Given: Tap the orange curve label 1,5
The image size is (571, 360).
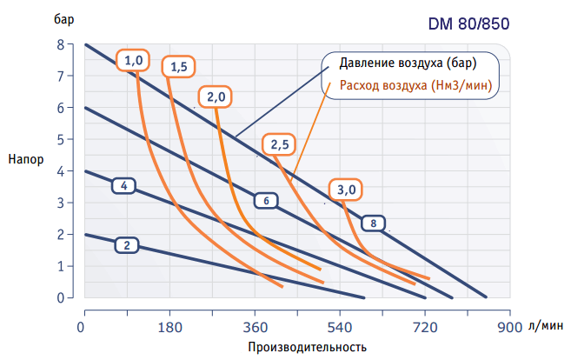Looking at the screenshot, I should pos(180,66).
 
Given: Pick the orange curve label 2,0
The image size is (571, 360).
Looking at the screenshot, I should pos(216,97).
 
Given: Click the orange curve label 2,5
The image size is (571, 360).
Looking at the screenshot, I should pos(279,144).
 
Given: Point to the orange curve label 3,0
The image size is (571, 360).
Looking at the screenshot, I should pos(346,190).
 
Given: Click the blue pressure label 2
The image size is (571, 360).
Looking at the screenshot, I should pos(127,245).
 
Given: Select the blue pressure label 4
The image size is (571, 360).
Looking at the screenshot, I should pos(125,185).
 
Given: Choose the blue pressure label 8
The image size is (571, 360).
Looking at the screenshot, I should pos(373,223).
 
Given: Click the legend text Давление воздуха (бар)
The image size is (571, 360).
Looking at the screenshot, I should pos(408,64).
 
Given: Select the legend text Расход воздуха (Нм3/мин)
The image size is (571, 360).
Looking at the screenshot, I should pos(415,85).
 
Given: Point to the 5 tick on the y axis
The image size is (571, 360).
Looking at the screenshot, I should pos(60,139).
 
